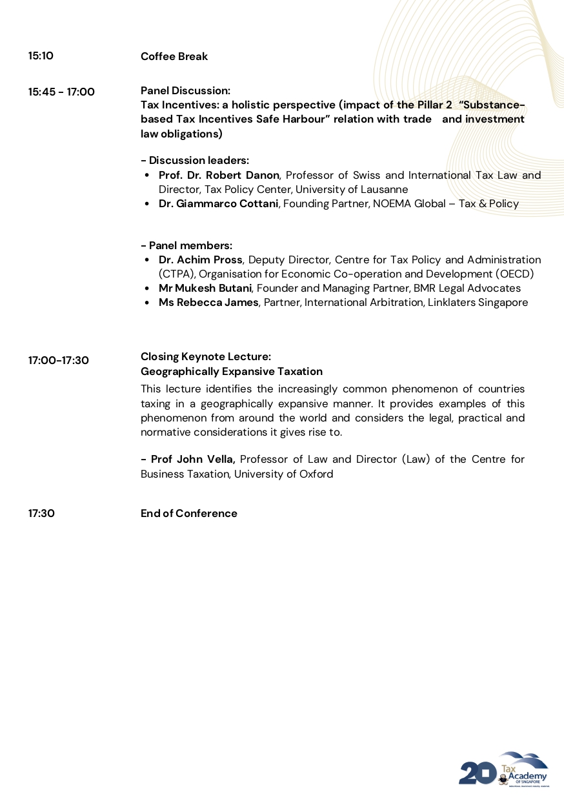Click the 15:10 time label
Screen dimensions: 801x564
pos(41,56)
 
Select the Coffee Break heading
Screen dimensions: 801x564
pos(174,57)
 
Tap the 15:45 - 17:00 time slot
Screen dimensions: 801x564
pos(61,92)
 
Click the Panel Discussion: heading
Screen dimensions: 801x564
pos(185,90)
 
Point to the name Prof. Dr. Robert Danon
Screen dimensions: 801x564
pos(219,176)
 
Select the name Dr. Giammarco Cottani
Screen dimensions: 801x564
pos(218,204)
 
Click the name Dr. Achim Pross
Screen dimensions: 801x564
pos(200,260)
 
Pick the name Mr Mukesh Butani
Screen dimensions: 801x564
pos(205,289)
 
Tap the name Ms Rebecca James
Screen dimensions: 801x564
pos(208,303)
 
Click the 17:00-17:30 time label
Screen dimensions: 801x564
pos(58,361)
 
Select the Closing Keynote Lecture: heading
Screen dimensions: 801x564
pos(206,357)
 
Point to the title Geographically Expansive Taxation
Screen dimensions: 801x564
pos(232,372)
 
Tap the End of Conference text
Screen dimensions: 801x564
pos(189,514)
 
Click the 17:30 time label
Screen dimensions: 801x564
pos(41,514)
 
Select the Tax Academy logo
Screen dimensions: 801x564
pos(503,769)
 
